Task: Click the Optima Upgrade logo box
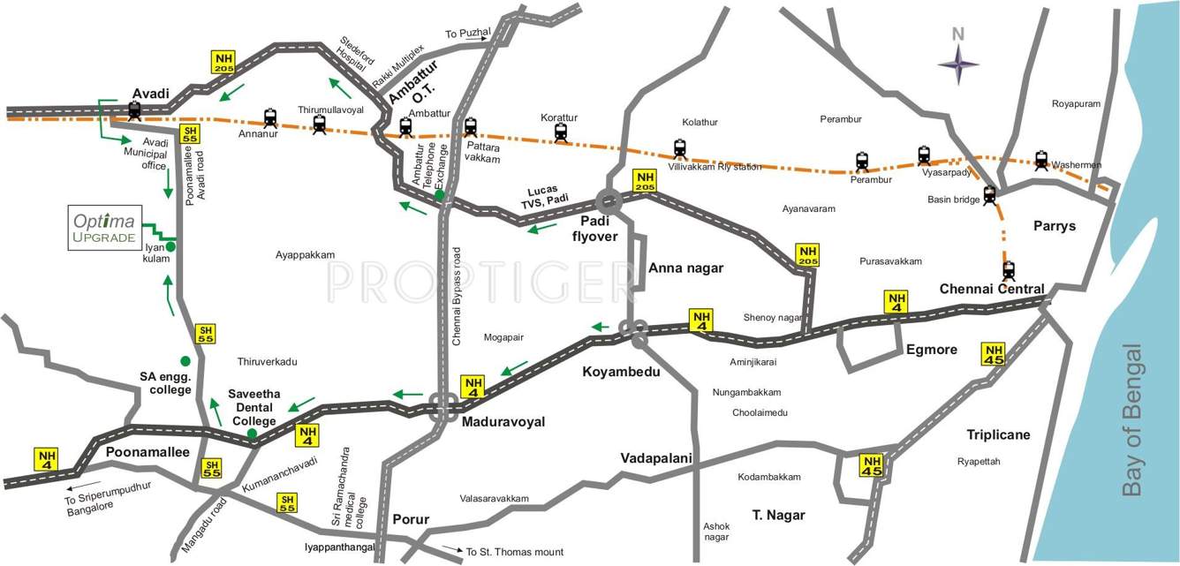tap(104, 229)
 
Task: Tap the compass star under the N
tap(958, 64)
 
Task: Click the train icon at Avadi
tap(134, 110)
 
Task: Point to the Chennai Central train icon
tap(1009, 269)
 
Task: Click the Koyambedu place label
tap(621, 372)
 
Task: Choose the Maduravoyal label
tap(503, 422)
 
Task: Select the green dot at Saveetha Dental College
tap(252, 434)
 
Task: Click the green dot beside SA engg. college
tap(185, 360)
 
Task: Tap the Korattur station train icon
tap(560, 132)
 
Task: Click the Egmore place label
tap(931, 350)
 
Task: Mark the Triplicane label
tap(998, 434)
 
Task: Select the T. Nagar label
tap(778, 515)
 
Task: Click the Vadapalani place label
tap(655, 457)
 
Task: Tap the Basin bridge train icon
tap(990, 195)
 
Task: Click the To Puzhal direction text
tap(467, 34)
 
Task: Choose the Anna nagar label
tap(686, 268)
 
